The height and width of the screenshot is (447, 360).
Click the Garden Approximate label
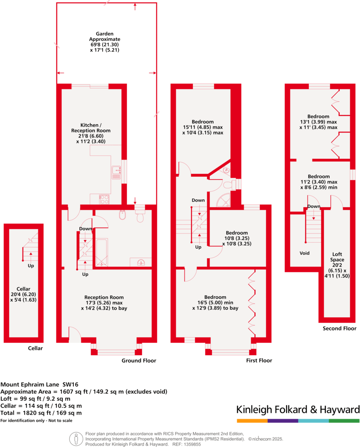coord(105,42)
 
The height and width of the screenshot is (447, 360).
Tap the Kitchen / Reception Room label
coord(90,133)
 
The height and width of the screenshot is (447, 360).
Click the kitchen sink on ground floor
coord(116,172)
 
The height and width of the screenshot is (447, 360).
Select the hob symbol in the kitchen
coord(104,199)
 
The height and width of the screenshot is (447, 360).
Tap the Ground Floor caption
coord(138,361)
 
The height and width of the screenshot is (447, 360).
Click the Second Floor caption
coord(340,329)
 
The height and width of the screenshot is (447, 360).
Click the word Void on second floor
coord(305,253)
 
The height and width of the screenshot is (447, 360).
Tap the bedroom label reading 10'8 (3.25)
coord(237,238)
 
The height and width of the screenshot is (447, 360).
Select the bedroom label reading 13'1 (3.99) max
coord(318,122)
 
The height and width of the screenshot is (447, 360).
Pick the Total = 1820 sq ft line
coord(41,413)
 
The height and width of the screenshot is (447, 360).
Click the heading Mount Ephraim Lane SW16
coord(37,384)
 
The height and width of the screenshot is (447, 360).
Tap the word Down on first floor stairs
coord(198,200)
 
